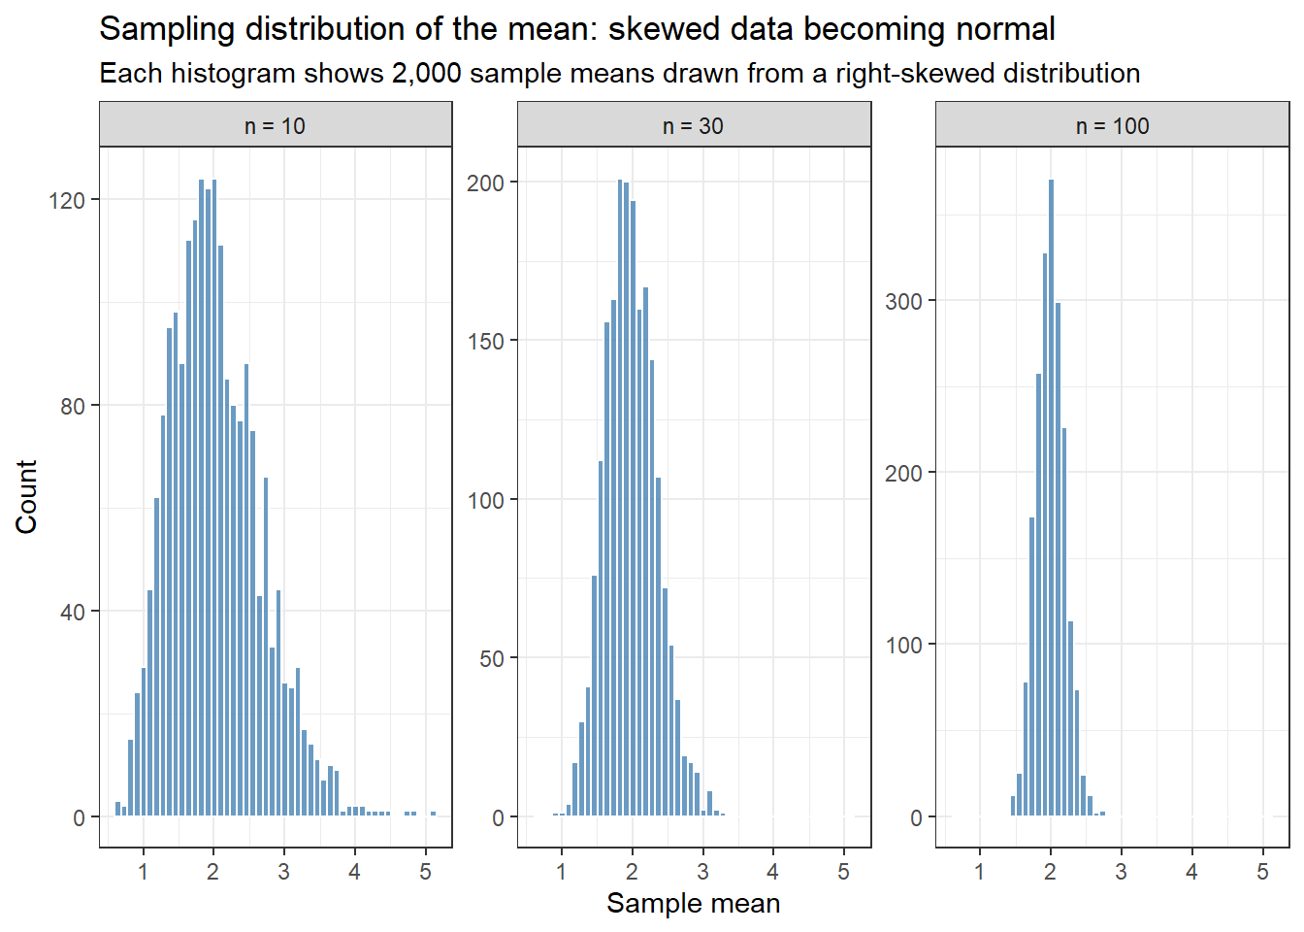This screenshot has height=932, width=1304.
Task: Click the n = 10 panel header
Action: [x=276, y=124]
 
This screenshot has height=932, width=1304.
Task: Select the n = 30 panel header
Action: [x=694, y=124]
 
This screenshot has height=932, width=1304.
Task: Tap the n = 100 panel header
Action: [x=1113, y=124]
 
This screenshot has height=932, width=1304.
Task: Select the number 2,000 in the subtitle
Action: [x=426, y=74]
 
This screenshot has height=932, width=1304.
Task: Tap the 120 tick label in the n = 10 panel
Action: [x=67, y=201]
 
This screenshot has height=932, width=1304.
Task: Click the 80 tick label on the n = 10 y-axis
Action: [x=73, y=407]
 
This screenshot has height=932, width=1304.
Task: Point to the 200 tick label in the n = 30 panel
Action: [x=485, y=183]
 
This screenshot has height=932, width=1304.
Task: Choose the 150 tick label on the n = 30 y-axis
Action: [x=485, y=342]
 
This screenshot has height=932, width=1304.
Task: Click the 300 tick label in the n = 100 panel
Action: [x=903, y=302]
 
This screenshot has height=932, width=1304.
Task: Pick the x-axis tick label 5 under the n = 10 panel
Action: [x=426, y=872]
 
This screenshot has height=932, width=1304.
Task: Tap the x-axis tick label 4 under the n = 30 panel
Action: [x=773, y=872]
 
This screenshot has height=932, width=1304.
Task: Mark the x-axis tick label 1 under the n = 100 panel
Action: [x=980, y=872]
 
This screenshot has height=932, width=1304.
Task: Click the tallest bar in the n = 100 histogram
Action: [x=1052, y=497]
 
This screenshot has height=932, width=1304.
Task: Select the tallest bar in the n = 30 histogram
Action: [x=620, y=497]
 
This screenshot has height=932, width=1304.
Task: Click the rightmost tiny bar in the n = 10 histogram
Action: [x=433, y=814]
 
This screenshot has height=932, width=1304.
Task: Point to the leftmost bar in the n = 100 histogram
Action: [x=1013, y=806]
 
